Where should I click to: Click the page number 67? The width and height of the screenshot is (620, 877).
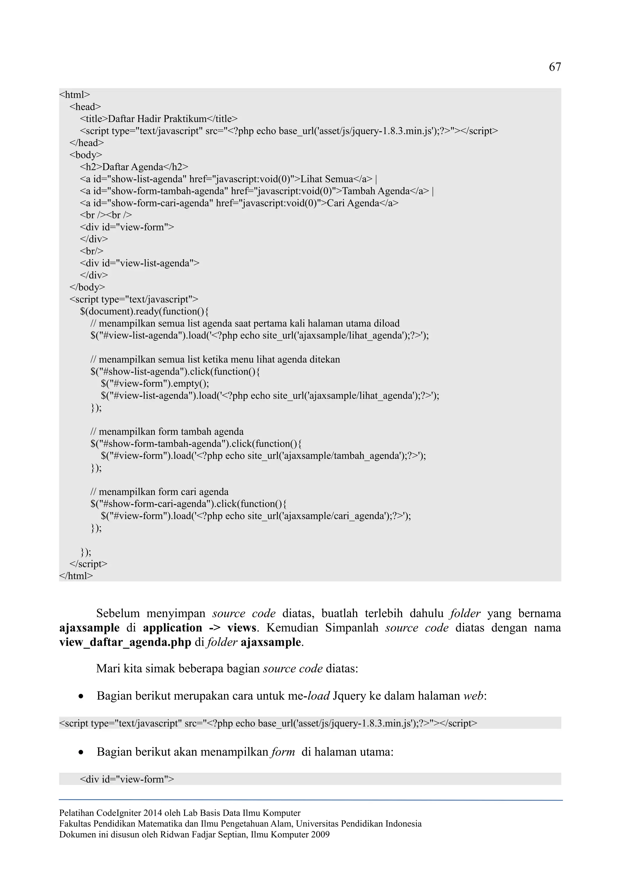click(555, 67)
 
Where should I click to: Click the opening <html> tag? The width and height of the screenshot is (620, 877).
click(74, 94)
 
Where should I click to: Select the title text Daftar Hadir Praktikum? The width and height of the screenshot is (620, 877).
click(157, 119)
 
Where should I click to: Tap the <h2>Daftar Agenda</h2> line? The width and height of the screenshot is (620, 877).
click(134, 167)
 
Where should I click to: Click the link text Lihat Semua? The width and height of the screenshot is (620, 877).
click(327, 179)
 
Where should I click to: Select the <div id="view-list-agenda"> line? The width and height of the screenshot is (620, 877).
click(140, 263)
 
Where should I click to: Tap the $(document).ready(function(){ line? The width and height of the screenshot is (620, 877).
click(144, 311)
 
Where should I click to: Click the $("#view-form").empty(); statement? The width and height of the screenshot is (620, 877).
click(155, 383)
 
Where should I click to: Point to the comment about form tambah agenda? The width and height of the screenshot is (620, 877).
click(167, 432)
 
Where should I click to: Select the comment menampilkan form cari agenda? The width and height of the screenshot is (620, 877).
click(159, 492)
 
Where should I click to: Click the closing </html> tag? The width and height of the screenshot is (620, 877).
click(76, 576)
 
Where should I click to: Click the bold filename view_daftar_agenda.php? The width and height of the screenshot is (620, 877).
click(125, 642)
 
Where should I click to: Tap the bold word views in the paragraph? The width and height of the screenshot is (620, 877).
click(241, 628)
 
